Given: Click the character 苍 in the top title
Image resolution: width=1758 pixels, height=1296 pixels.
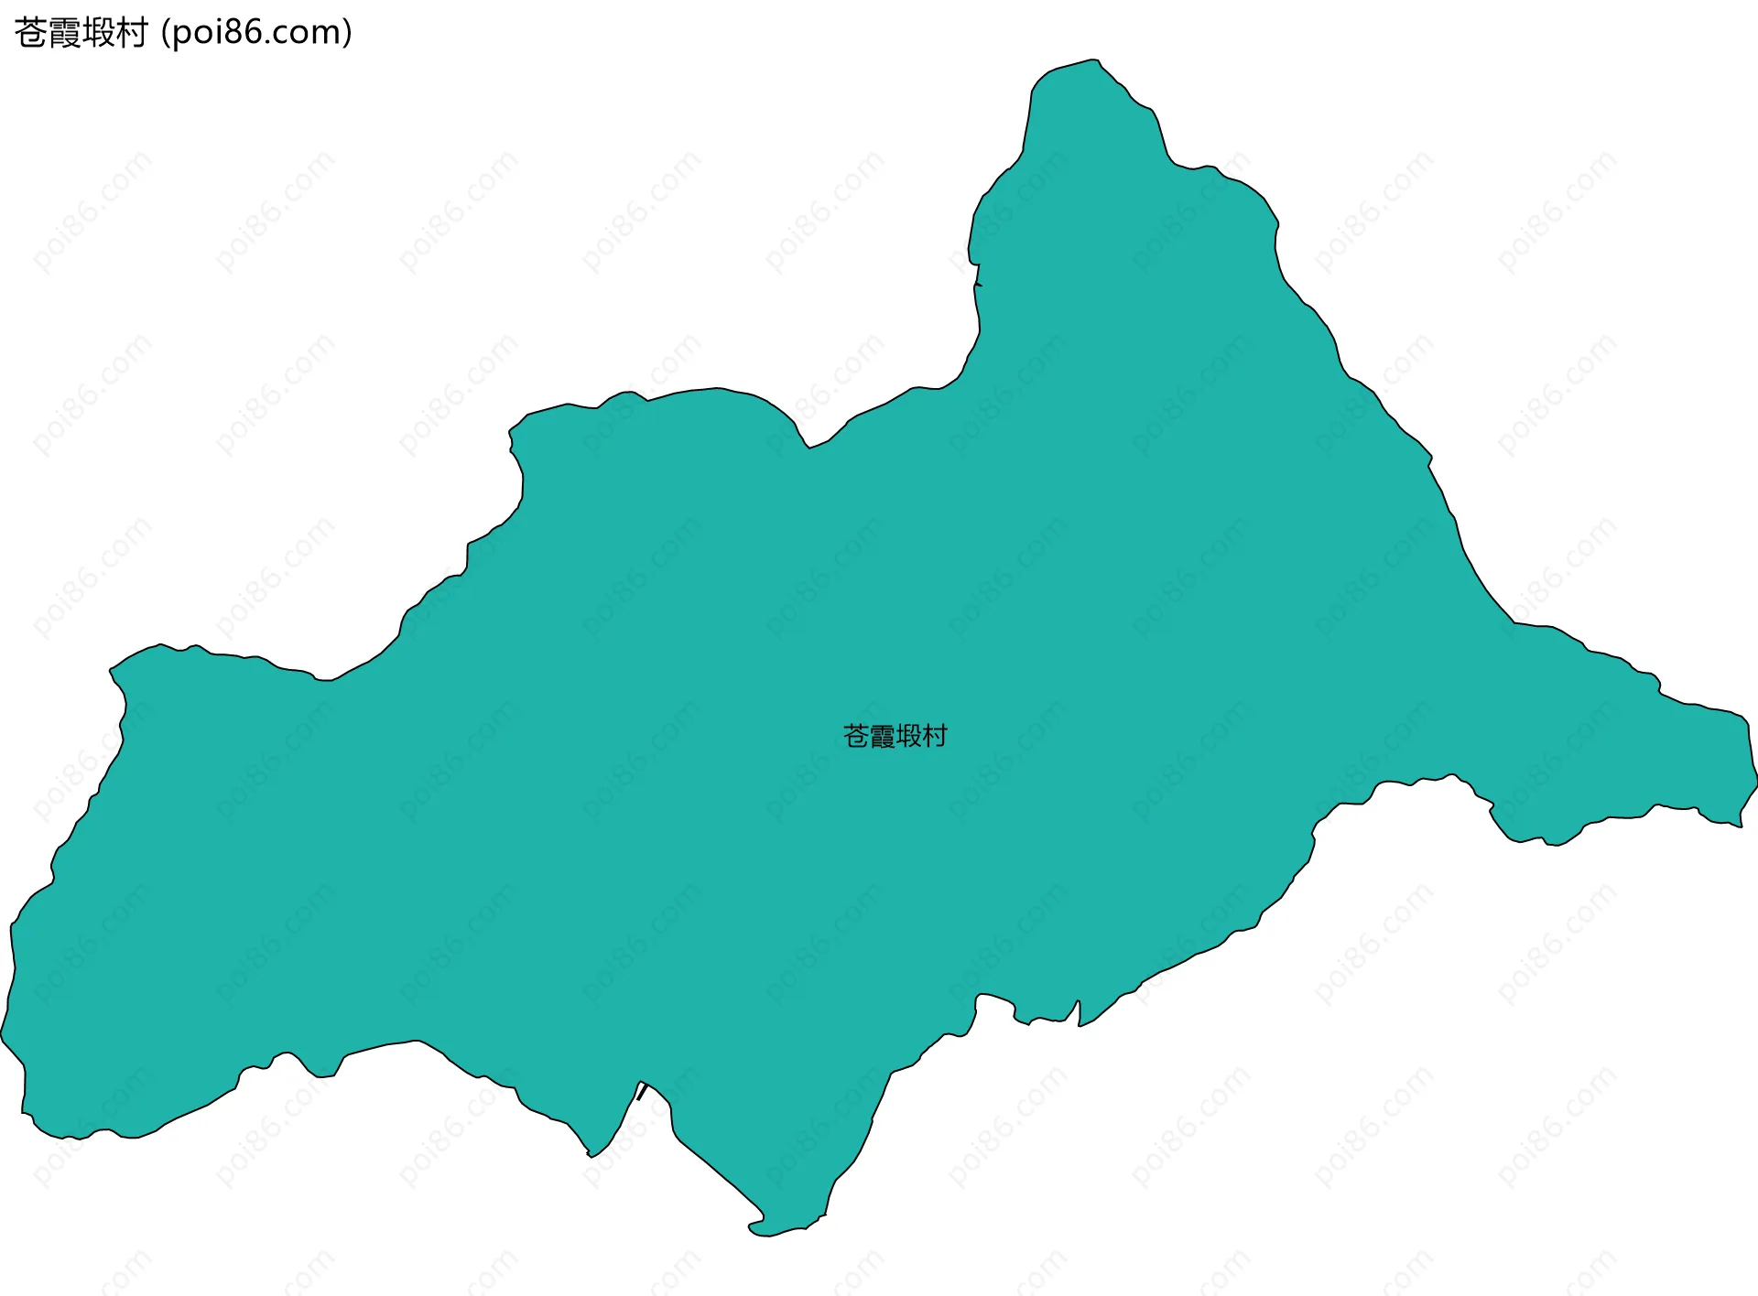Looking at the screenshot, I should pyautogui.click(x=30, y=33).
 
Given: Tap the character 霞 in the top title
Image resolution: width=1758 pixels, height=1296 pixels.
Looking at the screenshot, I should pyautogui.click(x=64, y=33).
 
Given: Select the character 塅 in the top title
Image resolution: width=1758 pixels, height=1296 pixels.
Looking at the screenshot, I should pyautogui.click(x=98, y=33).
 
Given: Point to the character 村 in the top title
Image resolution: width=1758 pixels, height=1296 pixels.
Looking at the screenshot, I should pyautogui.click(x=132, y=33).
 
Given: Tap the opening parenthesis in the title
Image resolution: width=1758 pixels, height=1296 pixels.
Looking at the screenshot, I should pyautogui.click(x=165, y=34).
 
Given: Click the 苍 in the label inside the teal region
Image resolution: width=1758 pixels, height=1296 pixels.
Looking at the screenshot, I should pyautogui.click(x=856, y=736).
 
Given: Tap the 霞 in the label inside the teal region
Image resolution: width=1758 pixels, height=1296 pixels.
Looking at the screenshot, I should pyautogui.click(x=882, y=736).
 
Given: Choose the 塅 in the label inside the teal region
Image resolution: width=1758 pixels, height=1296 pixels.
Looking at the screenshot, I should pyautogui.click(x=908, y=736).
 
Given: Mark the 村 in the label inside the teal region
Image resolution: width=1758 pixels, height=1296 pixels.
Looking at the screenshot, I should pyautogui.click(x=935, y=736).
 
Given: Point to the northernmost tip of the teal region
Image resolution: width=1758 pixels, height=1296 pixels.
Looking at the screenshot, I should pyautogui.click(x=1093, y=60).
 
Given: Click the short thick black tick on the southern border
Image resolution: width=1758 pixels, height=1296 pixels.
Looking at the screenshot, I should pyautogui.click(x=642, y=1091).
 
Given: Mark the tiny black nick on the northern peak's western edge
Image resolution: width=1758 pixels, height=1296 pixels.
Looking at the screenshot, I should pyautogui.click(x=977, y=285).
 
